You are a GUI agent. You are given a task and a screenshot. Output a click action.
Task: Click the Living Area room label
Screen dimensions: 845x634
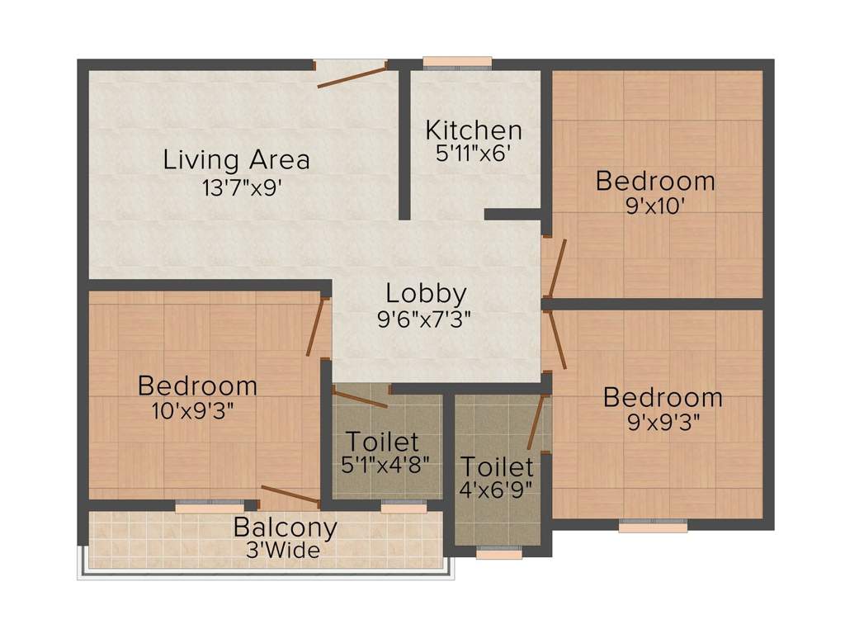click(x=237, y=160)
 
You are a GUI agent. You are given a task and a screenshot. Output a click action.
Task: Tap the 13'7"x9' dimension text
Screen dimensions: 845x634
click(x=242, y=188)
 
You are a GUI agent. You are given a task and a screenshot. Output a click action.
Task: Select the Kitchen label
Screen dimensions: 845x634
click(x=474, y=130)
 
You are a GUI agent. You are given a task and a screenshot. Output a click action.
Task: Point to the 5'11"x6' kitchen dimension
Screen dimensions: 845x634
click(x=473, y=154)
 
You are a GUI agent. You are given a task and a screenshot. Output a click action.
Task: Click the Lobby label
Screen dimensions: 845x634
click(x=427, y=295)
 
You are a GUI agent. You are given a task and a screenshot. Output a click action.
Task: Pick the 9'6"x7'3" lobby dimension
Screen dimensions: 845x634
click(x=425, y=319)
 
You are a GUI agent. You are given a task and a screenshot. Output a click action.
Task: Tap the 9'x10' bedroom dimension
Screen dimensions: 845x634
click(x=655, y=206)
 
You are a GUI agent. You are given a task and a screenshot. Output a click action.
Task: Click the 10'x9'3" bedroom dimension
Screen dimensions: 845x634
click(x=193, y=411)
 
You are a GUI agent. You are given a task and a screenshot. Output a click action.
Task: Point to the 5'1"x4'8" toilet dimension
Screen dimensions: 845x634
click(x=385, y=464)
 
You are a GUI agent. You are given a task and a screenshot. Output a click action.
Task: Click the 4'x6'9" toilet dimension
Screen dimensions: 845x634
click(x=496, y=490)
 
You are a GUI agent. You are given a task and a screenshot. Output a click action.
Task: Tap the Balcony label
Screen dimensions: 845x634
click(x=285, y=528)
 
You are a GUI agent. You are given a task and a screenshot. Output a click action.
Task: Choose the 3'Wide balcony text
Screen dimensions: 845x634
click(x=283, y=551)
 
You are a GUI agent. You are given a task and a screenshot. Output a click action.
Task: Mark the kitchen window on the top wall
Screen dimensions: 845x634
click(x=457, y=64)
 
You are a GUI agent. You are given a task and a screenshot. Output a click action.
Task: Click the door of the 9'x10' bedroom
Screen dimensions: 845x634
click(x=555, y=268)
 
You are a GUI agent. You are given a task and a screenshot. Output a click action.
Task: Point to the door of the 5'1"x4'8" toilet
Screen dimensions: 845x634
click(x=360, y=397)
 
